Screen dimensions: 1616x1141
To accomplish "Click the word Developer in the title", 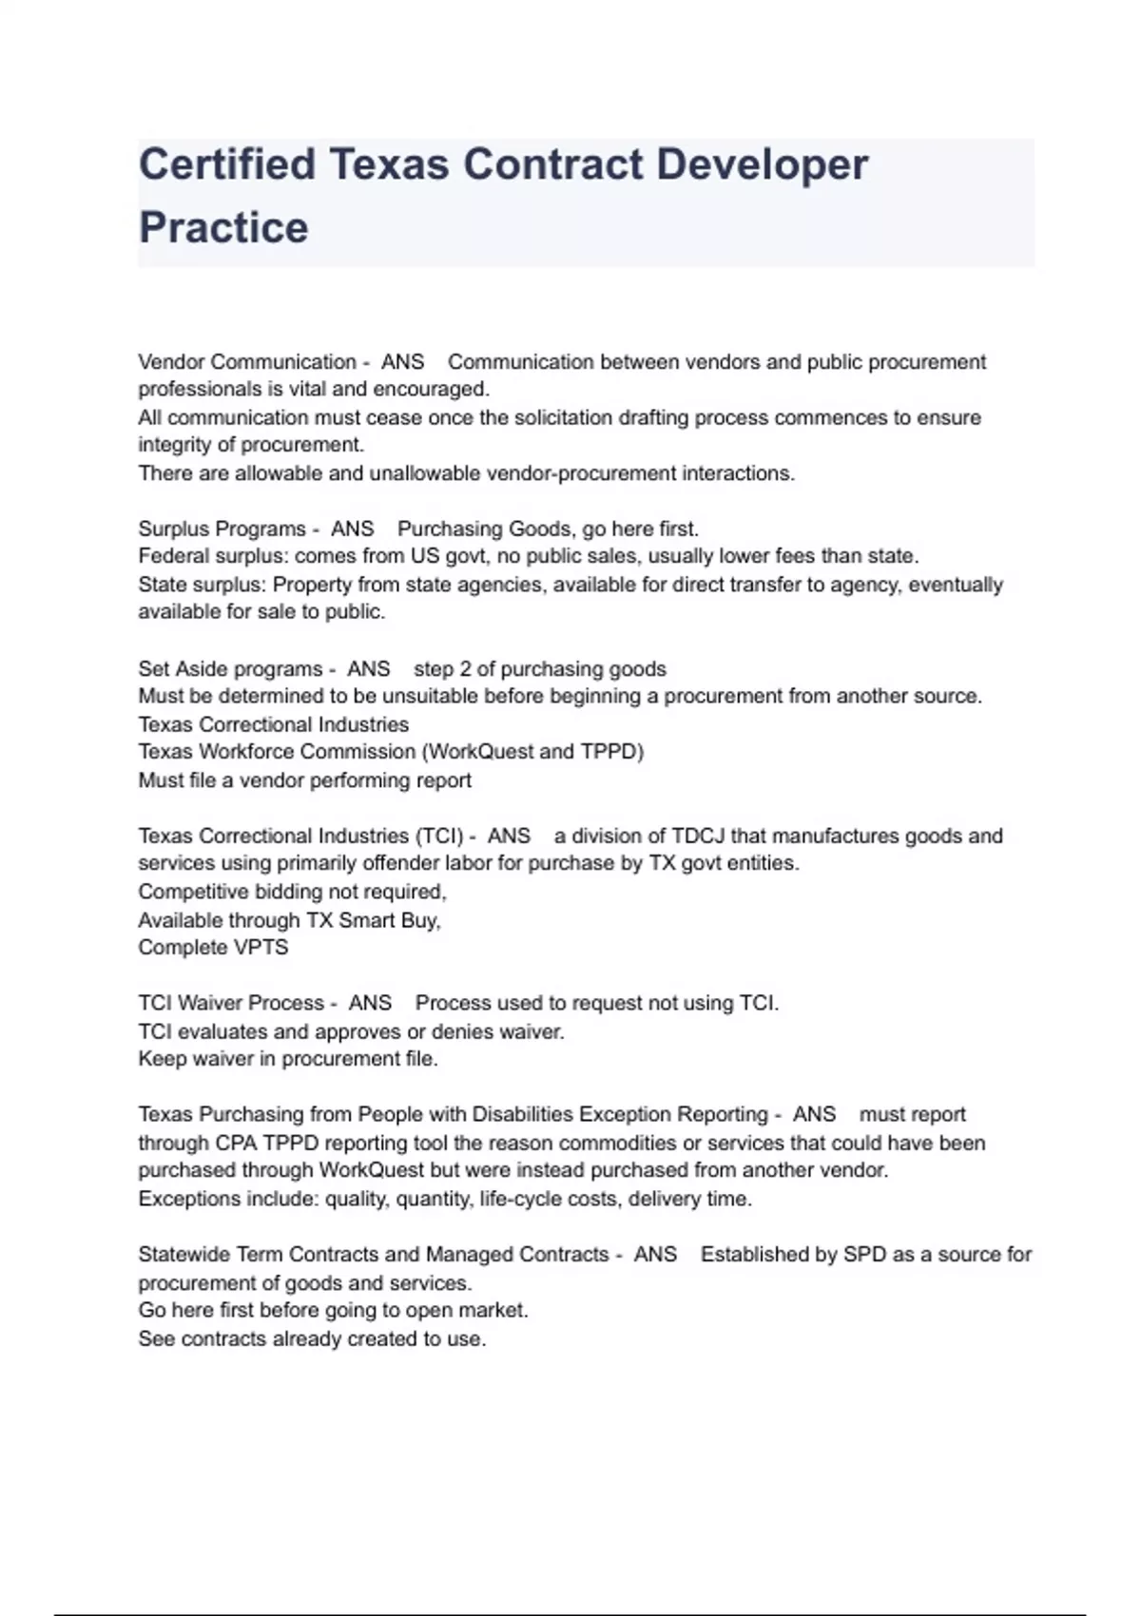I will (762, 164).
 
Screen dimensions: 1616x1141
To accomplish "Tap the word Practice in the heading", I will (223, 228).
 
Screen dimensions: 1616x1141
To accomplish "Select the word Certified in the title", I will (227, 164).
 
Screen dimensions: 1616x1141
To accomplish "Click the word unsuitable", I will (430, 696).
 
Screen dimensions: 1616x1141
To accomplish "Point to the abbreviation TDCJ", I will (698, 837).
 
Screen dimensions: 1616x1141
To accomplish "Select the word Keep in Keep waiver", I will (162, 1059).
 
